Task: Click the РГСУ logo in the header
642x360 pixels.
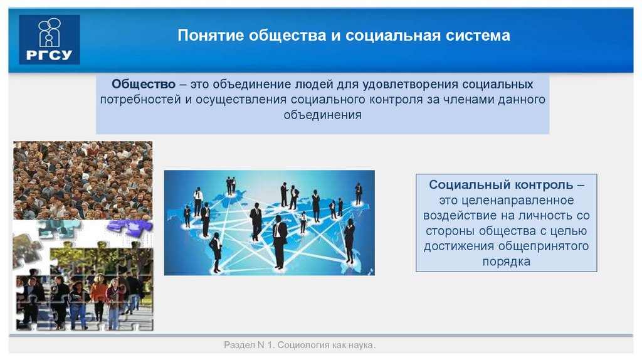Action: (x=49, y=40)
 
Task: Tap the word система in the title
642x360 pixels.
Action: (x=482, y=35)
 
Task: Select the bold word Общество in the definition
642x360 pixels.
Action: (x=140, y=84)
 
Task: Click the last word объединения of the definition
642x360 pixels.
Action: (x=322, y=115)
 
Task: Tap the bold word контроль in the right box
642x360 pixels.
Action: (x=542, y=185)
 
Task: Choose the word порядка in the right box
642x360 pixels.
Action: (x=506, y=262)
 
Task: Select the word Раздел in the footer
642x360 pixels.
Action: (x=238, y=346)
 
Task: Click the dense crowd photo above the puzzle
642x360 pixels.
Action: (x=82, y=179)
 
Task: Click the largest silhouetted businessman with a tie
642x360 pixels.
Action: (x=279, y=241)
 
